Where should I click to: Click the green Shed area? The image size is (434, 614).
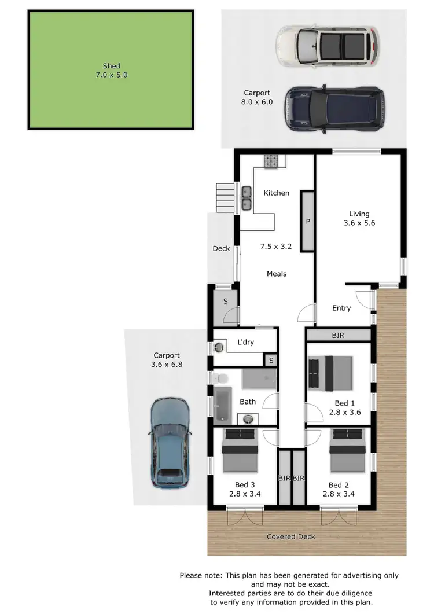(110, 69)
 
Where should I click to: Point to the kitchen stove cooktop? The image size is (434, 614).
(272, 161)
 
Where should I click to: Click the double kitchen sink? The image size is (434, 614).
(246, 197)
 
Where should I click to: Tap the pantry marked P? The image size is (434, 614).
(307, 221)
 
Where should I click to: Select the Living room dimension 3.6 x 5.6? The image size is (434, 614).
(359, 223)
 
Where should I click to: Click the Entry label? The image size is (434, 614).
(341, 308)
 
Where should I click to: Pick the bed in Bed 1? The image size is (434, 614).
(330, 373)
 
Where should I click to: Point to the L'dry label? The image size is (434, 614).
(245, 342)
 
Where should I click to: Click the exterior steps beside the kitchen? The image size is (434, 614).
(225, 198)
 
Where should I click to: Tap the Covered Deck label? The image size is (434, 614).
(290, 536)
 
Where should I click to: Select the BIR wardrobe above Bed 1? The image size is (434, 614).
(339, 334)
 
